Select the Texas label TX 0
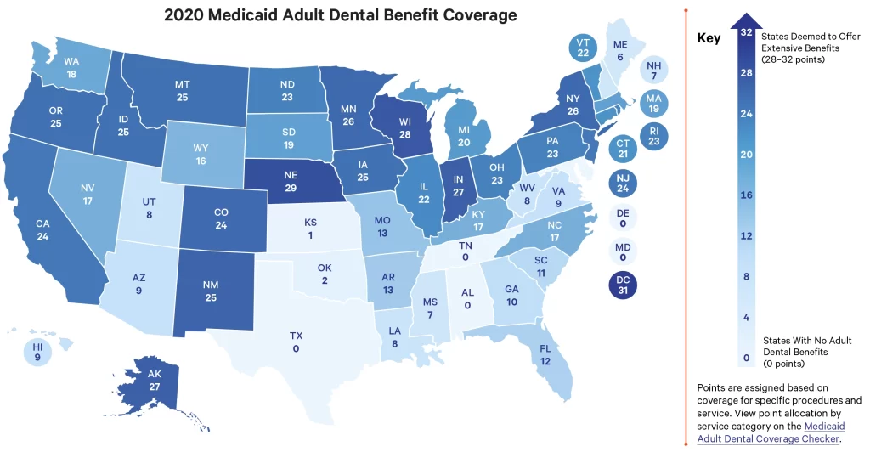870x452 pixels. tap(296, 342)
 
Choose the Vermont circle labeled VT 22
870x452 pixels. tap(583, 48)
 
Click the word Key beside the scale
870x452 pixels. tap(709, 38)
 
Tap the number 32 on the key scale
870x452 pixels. tap(746, 33)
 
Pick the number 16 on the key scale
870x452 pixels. tap(746, 195)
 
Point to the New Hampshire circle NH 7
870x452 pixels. tap(653, 71)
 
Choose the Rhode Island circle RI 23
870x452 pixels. tap(653, 137)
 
